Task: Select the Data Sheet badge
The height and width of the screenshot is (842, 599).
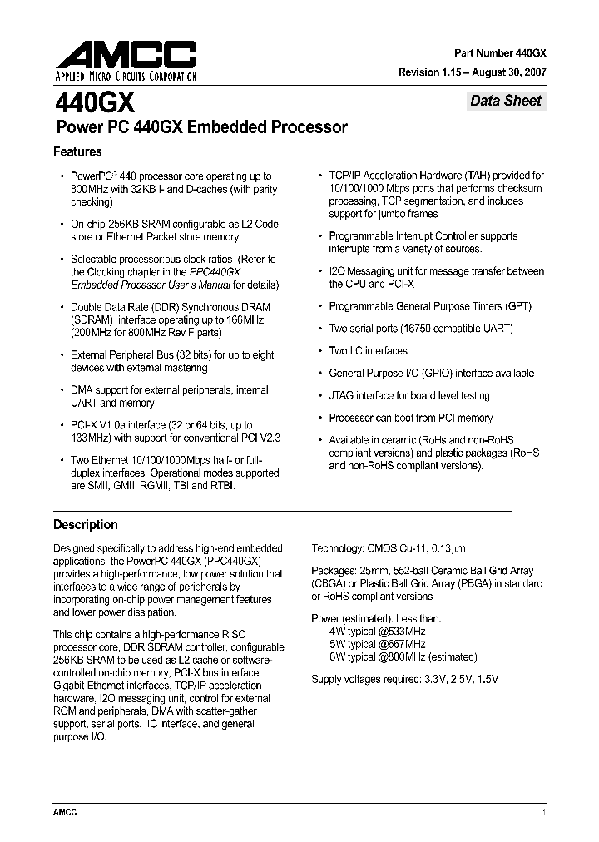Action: [505, 102]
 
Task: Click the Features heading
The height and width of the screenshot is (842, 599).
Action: [77, 152]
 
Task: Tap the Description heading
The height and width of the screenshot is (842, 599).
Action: [86, 525]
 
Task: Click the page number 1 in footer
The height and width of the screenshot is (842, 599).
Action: [543, 812]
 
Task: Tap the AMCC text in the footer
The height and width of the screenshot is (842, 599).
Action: [65, 812]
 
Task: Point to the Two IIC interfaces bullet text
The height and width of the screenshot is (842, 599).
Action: [368, 351]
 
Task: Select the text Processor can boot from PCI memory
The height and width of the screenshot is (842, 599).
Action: [411, 419]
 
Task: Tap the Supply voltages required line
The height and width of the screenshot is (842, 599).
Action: [404, 680]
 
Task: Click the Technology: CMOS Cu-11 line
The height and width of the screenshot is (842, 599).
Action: [389, 548]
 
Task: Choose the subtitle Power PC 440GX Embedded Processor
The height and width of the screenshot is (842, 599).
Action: [200, 128]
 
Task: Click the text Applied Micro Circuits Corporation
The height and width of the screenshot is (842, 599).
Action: [125, 77]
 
